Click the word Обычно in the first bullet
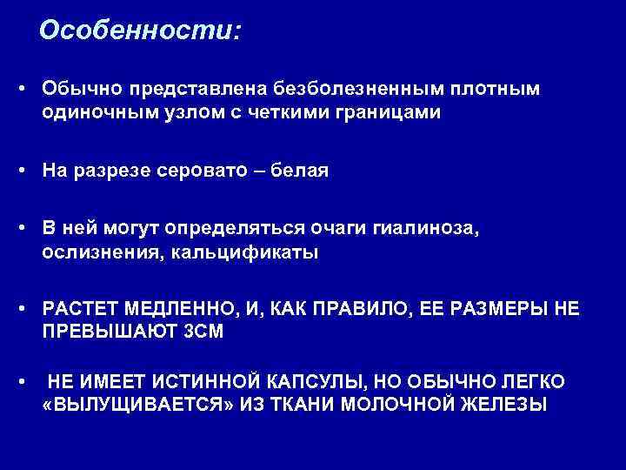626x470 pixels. click(78, 89)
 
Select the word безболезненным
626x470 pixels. click(346, 89)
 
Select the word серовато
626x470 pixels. click(202, 171)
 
